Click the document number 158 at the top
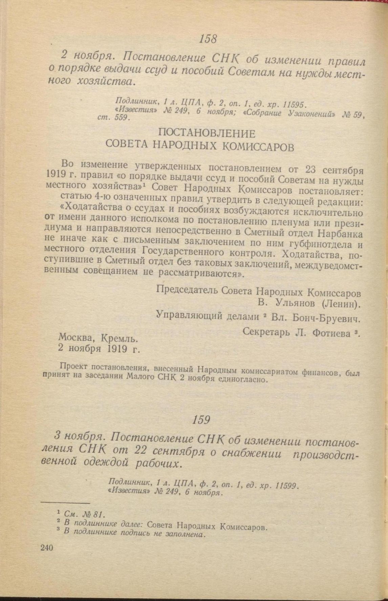(208, 39)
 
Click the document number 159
(201, 420)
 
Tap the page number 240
(46, 548)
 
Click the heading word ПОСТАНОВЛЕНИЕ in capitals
(207, 134)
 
